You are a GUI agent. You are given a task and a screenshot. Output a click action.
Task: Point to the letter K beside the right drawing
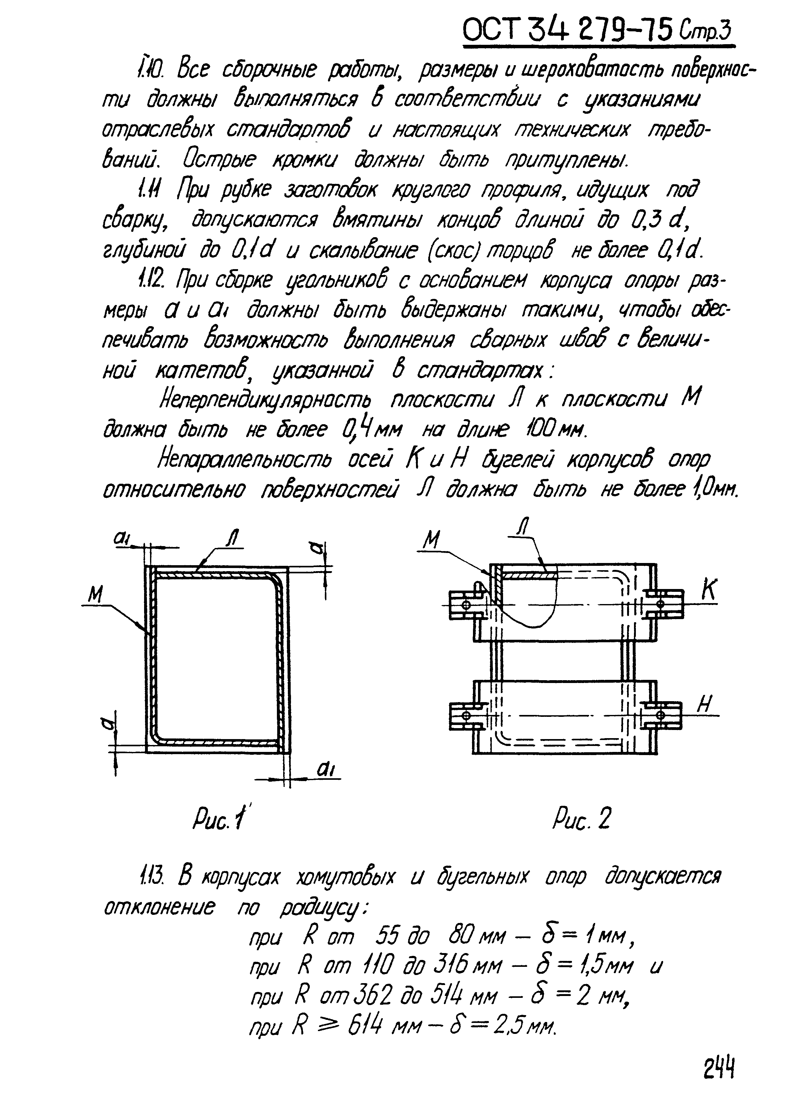[x=709, y=591]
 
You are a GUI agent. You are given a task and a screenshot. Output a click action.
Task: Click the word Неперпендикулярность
[x=265, y=401]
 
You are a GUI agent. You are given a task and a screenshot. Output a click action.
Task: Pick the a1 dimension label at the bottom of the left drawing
[x=328, y=769]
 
